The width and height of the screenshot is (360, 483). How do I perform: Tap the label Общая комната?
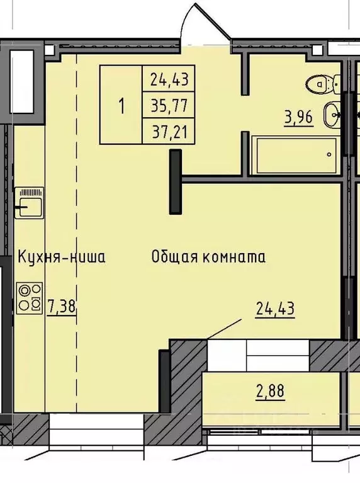[x=208, y=257]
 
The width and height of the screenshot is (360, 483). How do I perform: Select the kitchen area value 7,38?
[x=61, y=307]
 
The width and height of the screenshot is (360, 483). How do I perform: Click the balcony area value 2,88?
[x=269, y=391]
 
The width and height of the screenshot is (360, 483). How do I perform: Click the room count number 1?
[x=121, y=106]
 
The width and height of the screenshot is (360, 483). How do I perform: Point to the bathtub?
[x=294, y=154]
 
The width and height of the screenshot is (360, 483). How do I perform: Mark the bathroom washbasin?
[x=333, y=115]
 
